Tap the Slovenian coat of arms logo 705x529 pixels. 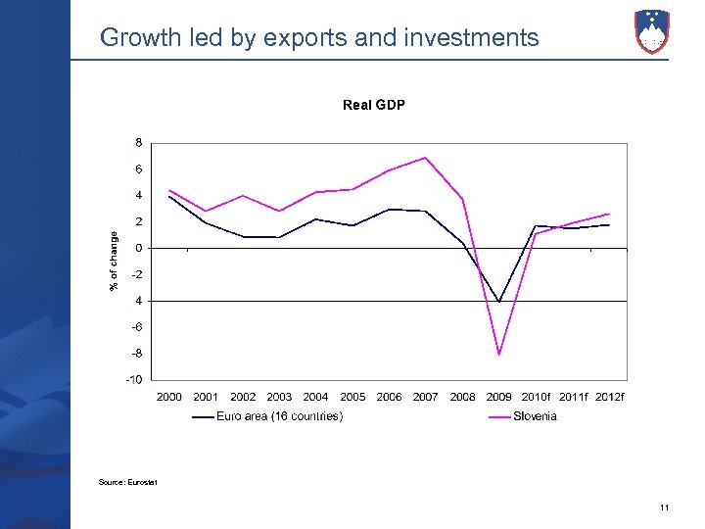[652, 31]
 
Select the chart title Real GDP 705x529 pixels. [374, 105]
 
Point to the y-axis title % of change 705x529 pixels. [114, 261]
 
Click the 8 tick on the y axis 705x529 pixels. [138, 143]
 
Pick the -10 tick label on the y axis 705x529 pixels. [134, 379]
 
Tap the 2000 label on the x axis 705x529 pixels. [169, 397]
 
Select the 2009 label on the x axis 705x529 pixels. [499, 397]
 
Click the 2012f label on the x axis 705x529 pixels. [610, 397]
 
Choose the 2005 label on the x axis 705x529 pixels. [352, 397]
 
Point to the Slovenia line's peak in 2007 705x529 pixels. [426, 158]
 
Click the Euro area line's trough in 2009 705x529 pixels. [499, 302]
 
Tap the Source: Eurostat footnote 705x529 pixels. [128, 482]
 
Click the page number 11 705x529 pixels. [664, 506]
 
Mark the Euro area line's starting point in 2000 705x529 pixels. [169, 197]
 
